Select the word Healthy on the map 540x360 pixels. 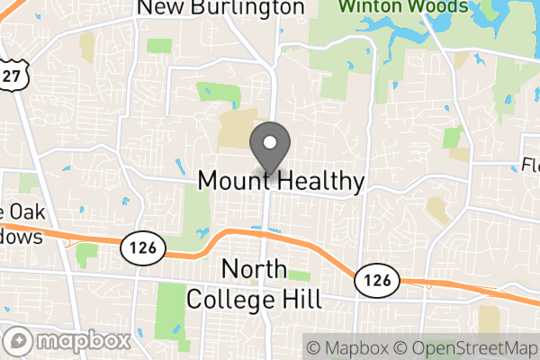321,181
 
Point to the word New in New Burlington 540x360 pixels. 157,8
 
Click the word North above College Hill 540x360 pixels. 254,270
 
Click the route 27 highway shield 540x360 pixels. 11,76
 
